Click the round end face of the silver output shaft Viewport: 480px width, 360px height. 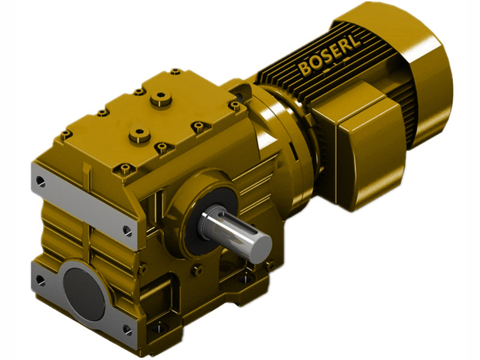click(x=260, y=246)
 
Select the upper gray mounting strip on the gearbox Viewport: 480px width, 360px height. click(x=84, y=204)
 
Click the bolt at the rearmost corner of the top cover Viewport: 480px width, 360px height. click(x=175, y=71)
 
